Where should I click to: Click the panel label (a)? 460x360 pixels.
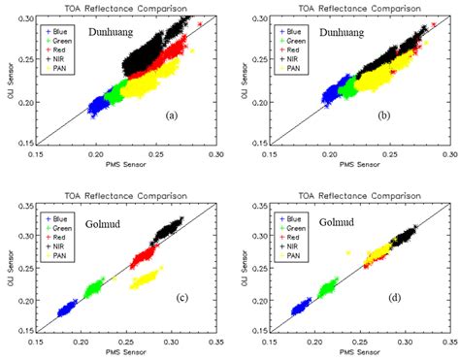[172, 115]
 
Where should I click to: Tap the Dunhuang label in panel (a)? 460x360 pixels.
[115, 31]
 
